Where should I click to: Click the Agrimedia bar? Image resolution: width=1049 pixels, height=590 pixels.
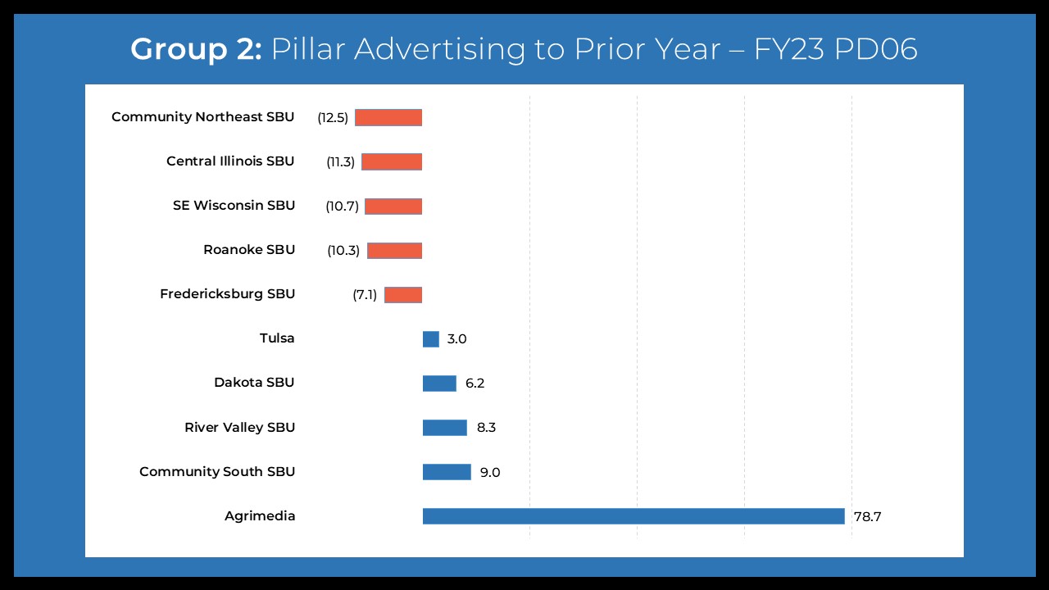click(633, 516)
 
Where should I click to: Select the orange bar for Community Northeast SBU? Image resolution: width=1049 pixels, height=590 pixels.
click(388, 117)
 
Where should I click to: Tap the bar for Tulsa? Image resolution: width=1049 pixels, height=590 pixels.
click(431, 338)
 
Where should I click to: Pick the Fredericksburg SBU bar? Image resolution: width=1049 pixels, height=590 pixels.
click(403, 294)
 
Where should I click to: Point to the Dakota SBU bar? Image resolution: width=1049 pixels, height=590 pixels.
click(439, 383)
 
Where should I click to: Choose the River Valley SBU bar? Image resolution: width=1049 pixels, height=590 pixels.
click(445, 427)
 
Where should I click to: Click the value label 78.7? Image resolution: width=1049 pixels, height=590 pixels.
click(866, 516)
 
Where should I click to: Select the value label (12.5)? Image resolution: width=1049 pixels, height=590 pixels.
click(333, 117)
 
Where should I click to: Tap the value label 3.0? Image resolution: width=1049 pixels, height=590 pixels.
click(456, 338)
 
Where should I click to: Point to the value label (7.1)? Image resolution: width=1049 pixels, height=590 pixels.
click(365, 294)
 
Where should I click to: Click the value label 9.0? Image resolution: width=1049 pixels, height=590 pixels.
click(490, 472)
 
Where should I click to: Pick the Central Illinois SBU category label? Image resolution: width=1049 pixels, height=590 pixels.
click(230, 161)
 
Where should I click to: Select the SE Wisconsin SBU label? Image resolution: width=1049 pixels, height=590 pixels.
click(234, 206)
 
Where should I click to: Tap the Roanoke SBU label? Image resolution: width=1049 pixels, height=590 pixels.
click(249, 250)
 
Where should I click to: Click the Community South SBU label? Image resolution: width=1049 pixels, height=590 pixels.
click(217, 472)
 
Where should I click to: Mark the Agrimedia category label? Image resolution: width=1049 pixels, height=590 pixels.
click(260, 516)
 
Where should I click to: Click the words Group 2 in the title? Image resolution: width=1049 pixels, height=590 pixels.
click(196, 50)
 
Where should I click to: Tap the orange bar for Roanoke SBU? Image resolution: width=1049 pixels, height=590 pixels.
click(394, 250)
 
